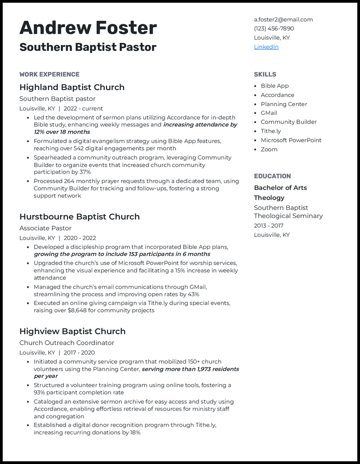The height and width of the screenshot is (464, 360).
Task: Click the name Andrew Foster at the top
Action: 88,28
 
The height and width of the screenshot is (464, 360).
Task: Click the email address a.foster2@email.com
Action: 283,19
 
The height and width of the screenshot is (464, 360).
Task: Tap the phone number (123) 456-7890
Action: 274,28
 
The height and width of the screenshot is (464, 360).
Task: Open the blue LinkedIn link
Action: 266,47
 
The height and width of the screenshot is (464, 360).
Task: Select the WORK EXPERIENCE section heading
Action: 49,74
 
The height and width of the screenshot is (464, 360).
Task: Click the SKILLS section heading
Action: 265,74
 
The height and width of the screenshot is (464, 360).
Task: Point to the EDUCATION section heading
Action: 272,176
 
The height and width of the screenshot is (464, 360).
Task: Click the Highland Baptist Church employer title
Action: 72,87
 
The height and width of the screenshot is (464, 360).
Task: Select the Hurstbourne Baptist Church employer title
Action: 79,217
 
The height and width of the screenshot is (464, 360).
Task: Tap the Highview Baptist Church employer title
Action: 72,331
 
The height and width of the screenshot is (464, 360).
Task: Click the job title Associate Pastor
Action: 45,228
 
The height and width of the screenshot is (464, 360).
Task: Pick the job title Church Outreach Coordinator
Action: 67,343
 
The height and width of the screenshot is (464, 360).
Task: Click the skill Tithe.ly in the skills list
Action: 270,131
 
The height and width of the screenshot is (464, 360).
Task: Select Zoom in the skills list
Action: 269,149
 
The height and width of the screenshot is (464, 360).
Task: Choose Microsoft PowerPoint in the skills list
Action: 291,140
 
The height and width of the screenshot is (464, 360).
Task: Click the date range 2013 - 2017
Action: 269,226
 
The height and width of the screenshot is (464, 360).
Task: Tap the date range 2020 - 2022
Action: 80,238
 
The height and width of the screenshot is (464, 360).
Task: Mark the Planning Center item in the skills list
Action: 283,104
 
